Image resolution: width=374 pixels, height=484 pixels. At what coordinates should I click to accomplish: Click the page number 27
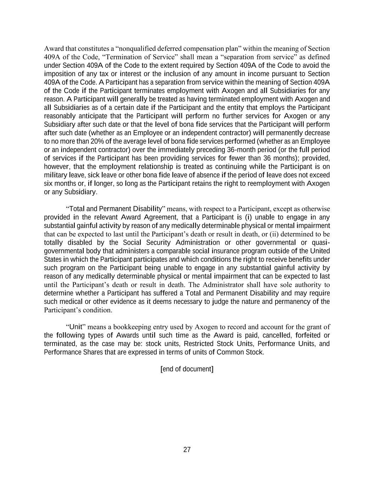187,450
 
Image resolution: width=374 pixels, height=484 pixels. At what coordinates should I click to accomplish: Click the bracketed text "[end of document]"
187,369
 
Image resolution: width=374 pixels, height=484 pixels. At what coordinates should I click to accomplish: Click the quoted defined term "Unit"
76,327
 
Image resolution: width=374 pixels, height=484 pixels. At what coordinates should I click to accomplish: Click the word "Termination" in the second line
121,57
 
